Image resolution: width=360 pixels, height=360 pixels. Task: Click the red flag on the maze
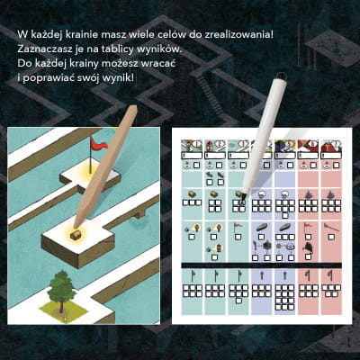[x=98, y=145]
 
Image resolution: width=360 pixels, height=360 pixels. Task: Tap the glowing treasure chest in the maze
[x=75, y=235]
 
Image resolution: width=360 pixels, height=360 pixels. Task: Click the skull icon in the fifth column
[x=284, y=194]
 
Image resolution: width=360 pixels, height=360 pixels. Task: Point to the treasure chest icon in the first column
[x=192, y=194]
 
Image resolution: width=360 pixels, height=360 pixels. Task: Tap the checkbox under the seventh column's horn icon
[x=331, y=237]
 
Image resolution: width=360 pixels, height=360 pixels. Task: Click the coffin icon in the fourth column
[x=262, y=228]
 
